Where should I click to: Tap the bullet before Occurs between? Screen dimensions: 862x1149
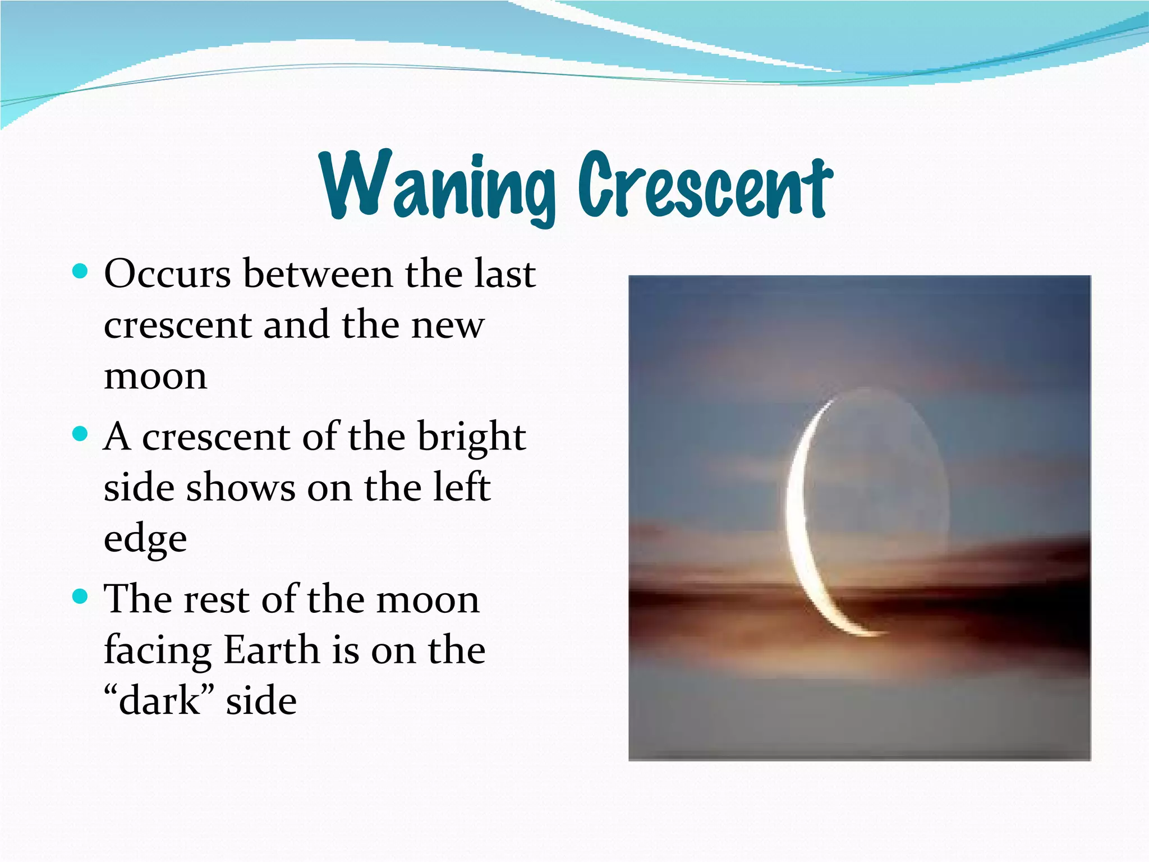(81, 272)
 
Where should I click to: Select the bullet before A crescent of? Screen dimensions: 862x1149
(81, 434)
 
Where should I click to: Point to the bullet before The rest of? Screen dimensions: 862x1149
(81, 597)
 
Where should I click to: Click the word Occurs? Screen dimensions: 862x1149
(167, 274)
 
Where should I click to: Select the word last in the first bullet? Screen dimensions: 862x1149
(504, 274)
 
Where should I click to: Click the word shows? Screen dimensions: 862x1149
(241, 487)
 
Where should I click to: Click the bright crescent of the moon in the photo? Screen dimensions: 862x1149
(796, 516)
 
